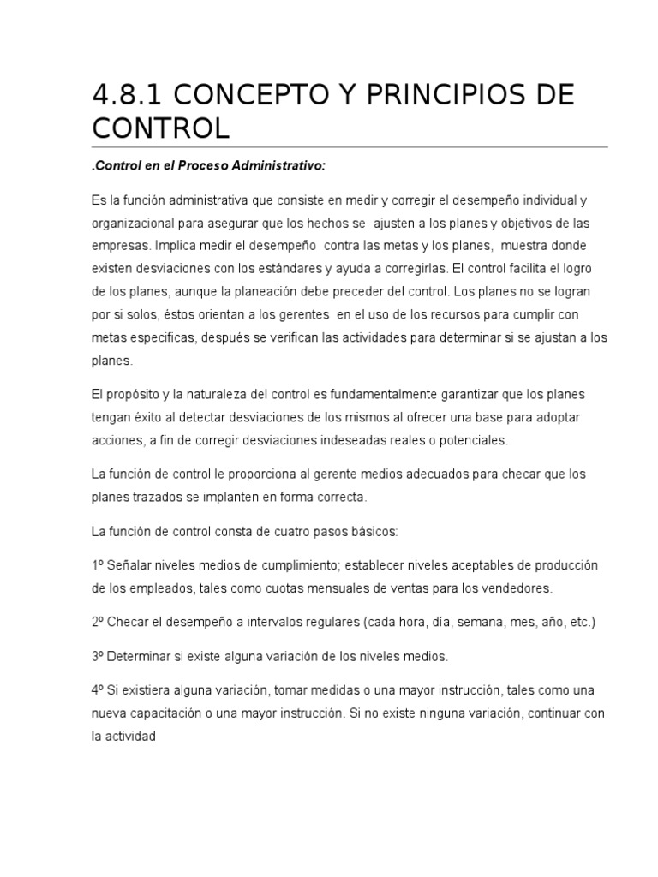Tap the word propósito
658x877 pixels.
(131, 394)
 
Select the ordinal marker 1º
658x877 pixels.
(97, 565)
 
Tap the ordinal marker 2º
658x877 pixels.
(97, 623)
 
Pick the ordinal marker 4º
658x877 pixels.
(97, 689)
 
